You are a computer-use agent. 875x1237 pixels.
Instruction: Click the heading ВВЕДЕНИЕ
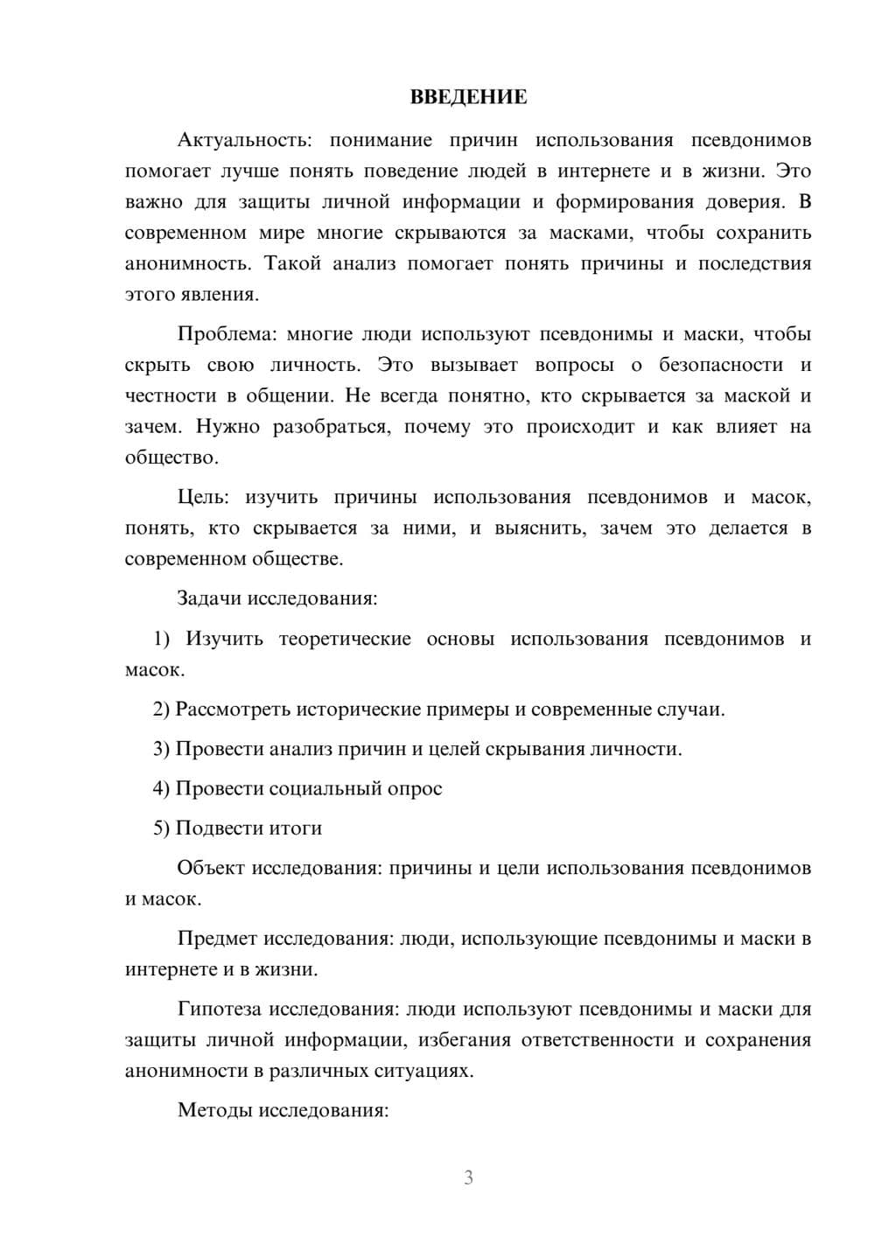tap(468, 97)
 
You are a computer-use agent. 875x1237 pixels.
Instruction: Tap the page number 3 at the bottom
tap(468, 1178)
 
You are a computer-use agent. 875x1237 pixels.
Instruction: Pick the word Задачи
tap(210, 599)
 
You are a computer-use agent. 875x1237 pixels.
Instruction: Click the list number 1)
tap(162, 639)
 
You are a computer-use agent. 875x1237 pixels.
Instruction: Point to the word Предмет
tap(217, 939)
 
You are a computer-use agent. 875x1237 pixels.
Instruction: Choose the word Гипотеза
tap(219, 1009)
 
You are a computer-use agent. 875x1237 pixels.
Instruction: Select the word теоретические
tap(345, 639)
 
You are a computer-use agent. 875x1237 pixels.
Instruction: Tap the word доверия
tap(748, 202)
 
